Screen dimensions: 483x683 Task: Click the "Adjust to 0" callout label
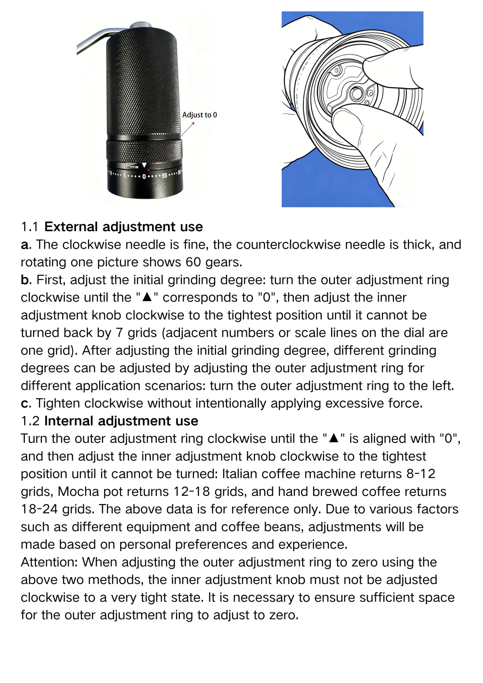(200, 115)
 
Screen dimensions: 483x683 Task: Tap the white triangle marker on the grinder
(144, 165)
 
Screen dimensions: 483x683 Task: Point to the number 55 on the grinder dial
(164, 175)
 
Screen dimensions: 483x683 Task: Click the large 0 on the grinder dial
(144, 176)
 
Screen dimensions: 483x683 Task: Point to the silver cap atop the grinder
(141, 25)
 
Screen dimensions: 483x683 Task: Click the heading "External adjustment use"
(123, 227)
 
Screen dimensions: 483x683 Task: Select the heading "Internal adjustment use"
(121, 421)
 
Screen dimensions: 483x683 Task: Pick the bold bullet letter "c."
(26, 404)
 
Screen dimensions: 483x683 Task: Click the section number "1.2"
(30, 421)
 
